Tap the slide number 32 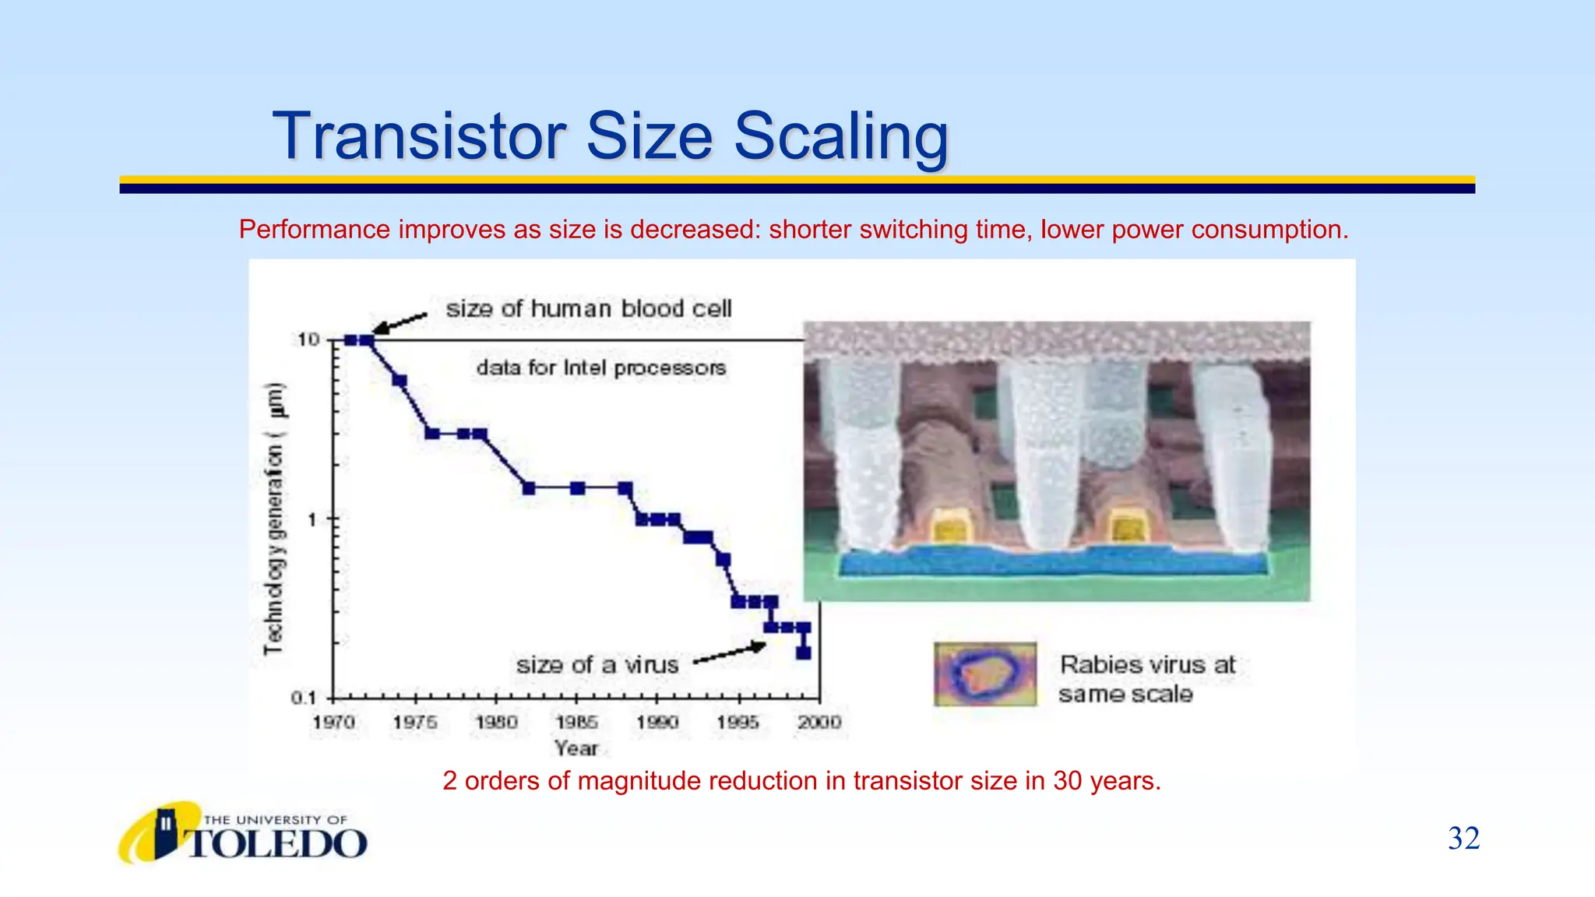[1463, 839]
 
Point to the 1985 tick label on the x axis [576, 722]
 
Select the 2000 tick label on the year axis [819, 722]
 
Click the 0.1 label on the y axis [304, 698]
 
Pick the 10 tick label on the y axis [308, 339]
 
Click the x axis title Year [576, 748]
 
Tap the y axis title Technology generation [274, 519]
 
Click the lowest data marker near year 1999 [803, 653]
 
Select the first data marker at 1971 [350, 340]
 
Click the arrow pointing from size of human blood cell [400, 323]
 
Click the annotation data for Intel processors [600, 368]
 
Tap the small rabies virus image [985, 674]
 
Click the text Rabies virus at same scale [1146, 679]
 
